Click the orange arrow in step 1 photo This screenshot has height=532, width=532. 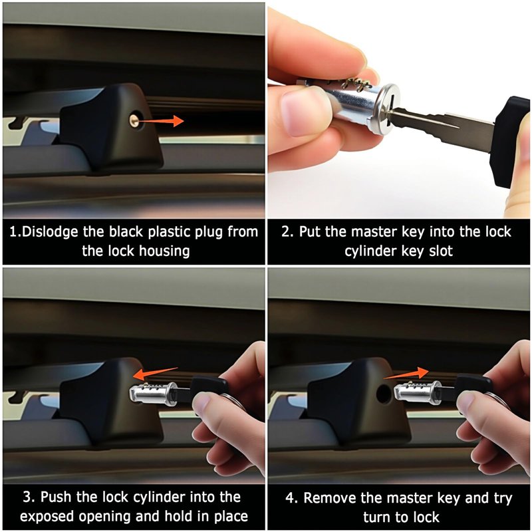[x=160, y=121]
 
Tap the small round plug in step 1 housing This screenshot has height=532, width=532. [x=134, y=120]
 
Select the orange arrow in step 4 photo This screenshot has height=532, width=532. [x=406, y=373]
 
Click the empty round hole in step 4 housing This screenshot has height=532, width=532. [x=384, y=394]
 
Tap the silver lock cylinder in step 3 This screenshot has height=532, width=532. [x=154, y=394]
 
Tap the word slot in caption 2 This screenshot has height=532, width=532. [x=440, y=251]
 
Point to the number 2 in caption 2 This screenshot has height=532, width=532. [x=286, y=232]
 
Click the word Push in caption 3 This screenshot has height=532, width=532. [x=56, y=497]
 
